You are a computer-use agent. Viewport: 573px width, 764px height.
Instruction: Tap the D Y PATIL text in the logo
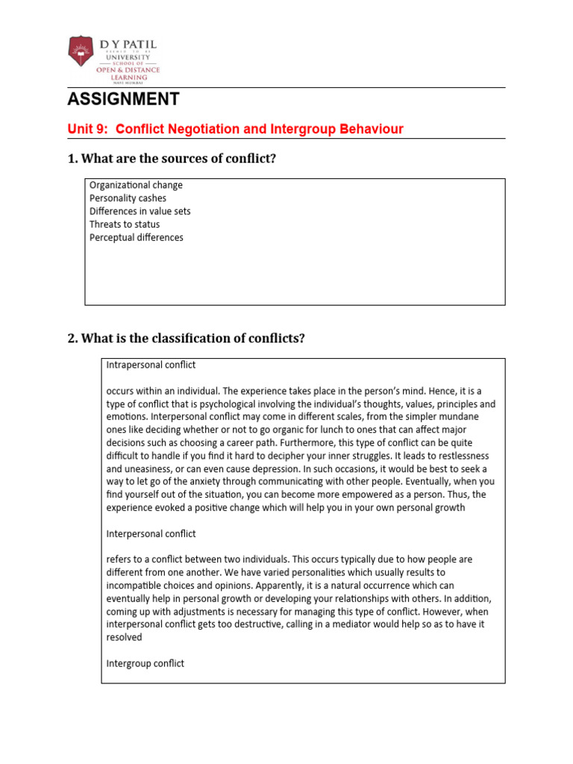tap(128, 46)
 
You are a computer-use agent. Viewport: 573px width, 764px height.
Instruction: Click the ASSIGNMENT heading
tap(123, 99)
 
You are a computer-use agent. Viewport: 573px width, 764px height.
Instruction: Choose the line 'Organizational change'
tap(136, 185)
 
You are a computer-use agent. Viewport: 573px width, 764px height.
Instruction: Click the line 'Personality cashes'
tap(128, 198)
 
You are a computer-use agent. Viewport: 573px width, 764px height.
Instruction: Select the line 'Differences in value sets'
tap(140, 211)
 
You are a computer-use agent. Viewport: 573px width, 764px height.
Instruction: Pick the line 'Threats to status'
tap(125, 225)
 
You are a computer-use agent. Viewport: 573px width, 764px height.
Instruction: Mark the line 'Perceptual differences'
tap(136, 237)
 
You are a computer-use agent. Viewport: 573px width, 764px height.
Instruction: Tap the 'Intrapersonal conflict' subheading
tap(151, 365)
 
